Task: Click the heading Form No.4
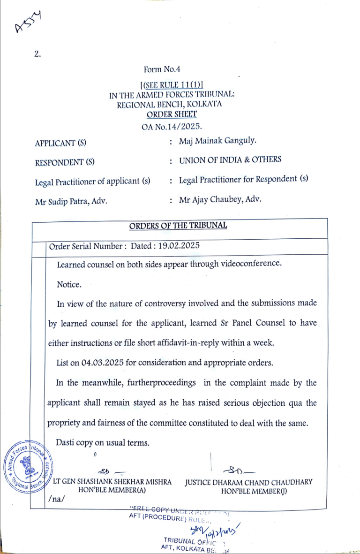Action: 162,69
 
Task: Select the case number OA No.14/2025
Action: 172,126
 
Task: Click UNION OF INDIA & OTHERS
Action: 230,159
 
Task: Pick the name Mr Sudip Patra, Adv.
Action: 71,202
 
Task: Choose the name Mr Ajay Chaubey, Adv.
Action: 220,199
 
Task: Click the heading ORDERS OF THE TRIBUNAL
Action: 178,226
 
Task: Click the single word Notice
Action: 69,284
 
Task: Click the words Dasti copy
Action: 76,442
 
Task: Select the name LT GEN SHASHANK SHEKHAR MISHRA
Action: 112,482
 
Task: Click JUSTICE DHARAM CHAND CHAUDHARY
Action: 248,482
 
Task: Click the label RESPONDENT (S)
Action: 65,163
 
